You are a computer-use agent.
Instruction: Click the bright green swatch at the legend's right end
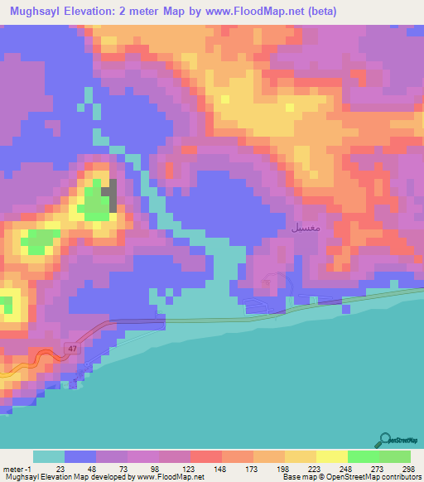coord(394,456)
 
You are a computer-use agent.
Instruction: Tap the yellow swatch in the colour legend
coord(331,456)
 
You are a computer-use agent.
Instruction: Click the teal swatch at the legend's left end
coord(49,456)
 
